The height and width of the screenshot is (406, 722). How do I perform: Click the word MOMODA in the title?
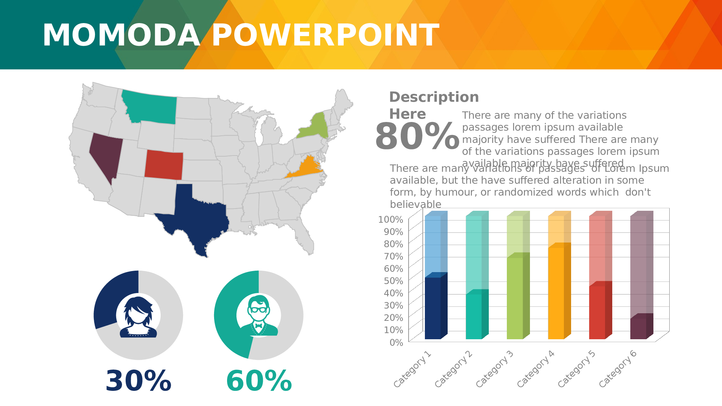121,35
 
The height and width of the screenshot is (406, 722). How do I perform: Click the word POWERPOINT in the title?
325,35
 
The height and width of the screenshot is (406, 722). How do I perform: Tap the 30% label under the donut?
138,381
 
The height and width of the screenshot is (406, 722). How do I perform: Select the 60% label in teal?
259,381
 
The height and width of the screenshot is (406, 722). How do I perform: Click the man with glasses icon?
259,316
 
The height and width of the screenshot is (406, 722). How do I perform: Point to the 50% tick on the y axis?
393,281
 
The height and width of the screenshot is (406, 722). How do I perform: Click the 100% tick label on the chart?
390,219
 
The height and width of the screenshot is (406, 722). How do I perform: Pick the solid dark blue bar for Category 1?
433,308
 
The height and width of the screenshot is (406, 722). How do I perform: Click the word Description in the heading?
434,97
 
